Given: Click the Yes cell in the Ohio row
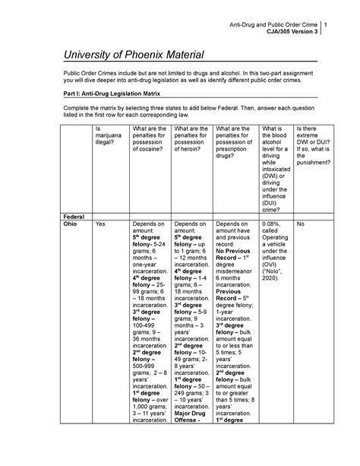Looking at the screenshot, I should [x=101, y=225].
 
